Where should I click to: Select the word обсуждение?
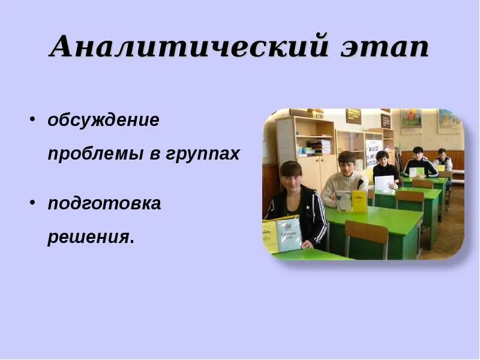tap(103, 120)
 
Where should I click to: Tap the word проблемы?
tap(94, 154)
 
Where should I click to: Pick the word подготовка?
tap(104, 203)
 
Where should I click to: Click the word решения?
tap(89, 237)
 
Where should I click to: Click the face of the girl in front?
tap(291, 176)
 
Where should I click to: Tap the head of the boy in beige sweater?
tap(347, 161)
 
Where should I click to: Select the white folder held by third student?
tap(384, 182)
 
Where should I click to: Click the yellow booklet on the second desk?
tap(358, 201)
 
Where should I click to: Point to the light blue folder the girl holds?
tap(289, 235)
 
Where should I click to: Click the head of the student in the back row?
tap(442, 153)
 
